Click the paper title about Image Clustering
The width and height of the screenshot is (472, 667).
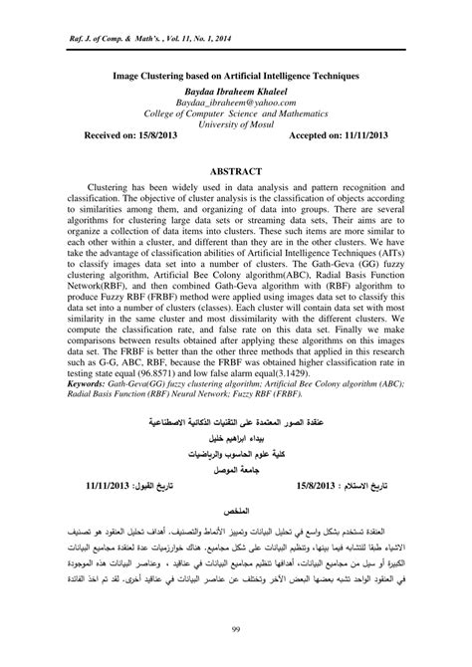[x=235, y=75]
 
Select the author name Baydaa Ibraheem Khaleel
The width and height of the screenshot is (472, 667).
[x=235, y=89]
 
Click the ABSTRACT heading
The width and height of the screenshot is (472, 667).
[x=235, y=170]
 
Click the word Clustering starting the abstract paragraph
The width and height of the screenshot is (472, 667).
[x=113, y=186]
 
